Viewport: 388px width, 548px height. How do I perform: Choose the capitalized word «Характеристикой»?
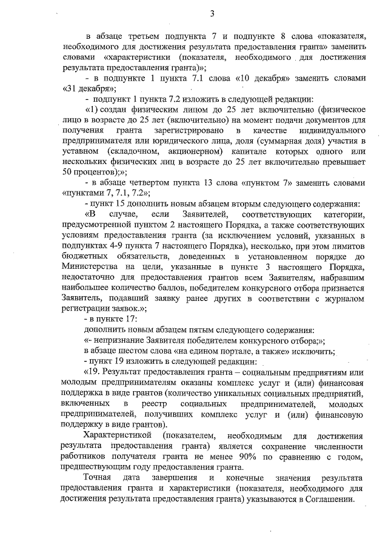119,435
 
